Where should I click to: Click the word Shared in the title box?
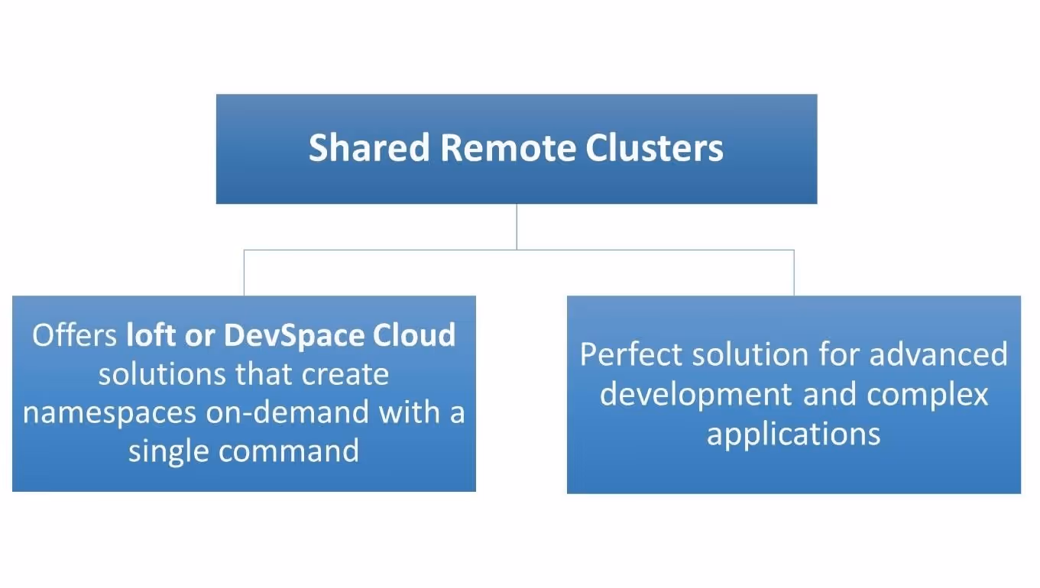(x=369, y=147)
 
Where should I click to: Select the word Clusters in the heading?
(x=654, y=147)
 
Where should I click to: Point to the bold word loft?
(x=151, y=335)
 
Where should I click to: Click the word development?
(x=696, y=395)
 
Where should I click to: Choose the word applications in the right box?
(x=793, y=435)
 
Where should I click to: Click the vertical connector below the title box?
(x=517, y=226)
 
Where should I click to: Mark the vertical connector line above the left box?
(x=244, y=273)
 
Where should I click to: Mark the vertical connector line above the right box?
(x=794, y=273)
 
